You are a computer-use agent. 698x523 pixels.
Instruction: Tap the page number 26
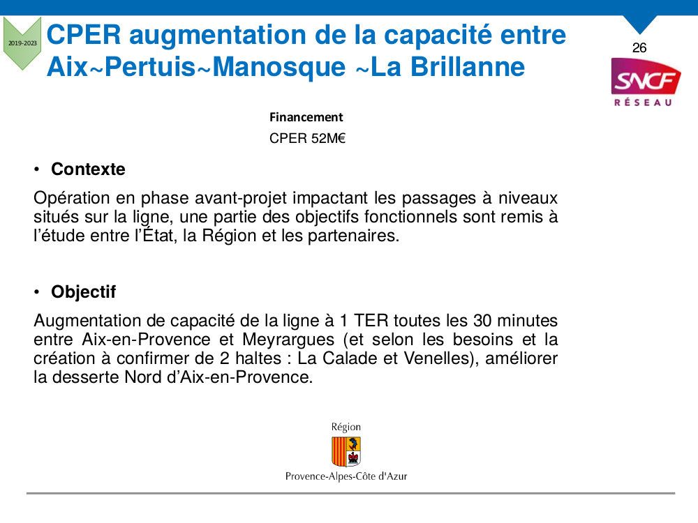(639, 47)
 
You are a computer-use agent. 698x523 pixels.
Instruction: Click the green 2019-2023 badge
(22, 43)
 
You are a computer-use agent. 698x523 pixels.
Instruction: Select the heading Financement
(306, 117)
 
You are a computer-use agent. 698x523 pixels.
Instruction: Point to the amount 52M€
(329, 138)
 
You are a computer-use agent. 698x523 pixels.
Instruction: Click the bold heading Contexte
(88, 169)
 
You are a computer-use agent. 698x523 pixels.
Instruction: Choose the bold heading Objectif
(84, 291)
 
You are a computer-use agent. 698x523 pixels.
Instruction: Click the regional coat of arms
(346, 451)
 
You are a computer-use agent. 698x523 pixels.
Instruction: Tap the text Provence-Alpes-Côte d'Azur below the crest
(346, 476)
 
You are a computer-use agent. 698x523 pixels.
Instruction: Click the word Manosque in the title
(279, 67)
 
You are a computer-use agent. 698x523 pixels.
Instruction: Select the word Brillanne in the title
(468, 67)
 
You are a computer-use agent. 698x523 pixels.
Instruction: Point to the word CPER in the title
(84, 35)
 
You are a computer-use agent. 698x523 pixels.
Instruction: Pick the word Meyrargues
(288, 340)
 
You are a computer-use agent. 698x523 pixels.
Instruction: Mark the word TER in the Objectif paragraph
(371, 321)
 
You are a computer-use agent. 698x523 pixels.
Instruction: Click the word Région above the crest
(346, 427)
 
